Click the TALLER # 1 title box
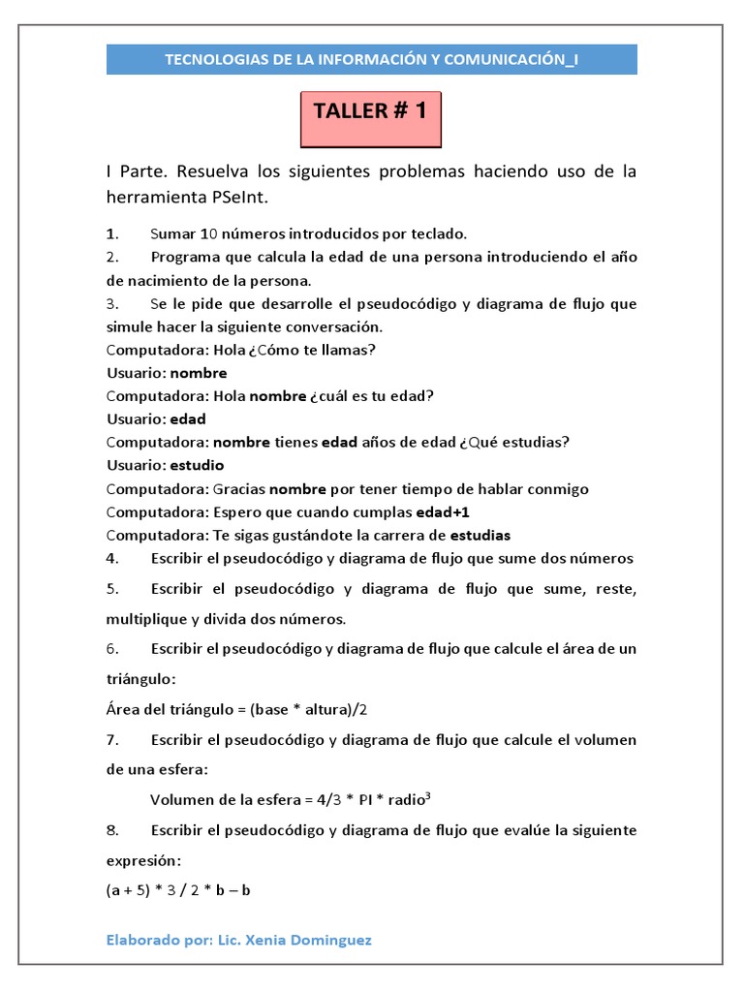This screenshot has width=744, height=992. coord(370,112)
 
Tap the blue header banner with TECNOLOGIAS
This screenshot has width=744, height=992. coord(372,60)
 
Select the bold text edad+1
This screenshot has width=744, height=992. coord(449,511)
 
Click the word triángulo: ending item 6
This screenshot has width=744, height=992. coord(141,679)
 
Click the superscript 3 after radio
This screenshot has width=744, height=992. coord(427,795)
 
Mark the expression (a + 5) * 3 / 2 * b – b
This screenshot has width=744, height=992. coord(178,890)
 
